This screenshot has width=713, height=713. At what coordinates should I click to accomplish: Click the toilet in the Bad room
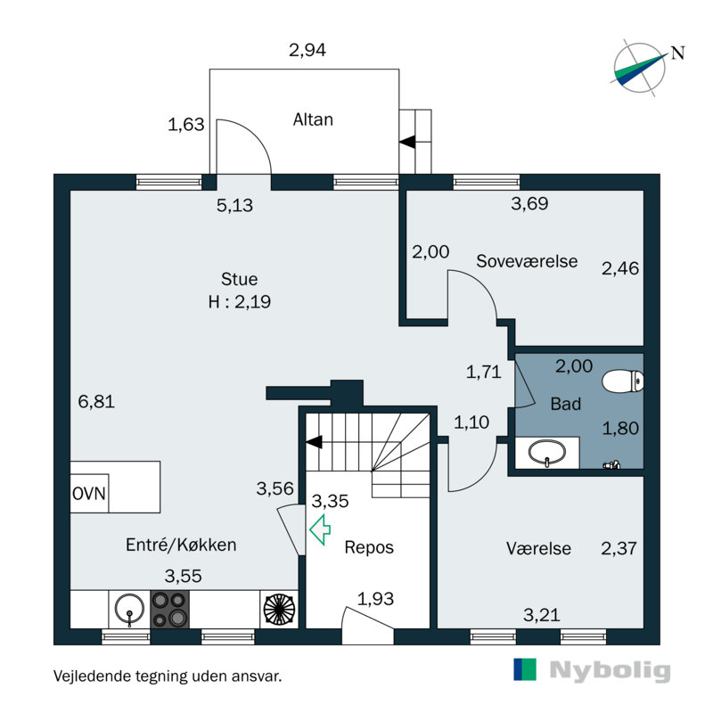pyautogui.click(x=623, y=381)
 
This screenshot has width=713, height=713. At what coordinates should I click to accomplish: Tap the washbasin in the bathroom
pyautogui.click(x=546, y=453)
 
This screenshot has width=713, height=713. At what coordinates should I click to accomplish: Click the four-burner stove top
pyautogui.click(x=169, y=610)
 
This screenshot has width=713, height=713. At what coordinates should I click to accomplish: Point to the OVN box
pyautogui.click(x=89, y=494)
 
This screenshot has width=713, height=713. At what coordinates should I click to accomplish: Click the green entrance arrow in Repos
pyautogui.click(x=320, y=529)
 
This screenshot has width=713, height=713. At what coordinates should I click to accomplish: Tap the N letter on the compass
pyautogui.click(x=677, y=53)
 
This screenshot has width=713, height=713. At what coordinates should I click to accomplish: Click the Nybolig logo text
pyautogui.click(x=610, y=670)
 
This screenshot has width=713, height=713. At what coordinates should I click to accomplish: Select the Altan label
pyautogui.click(x=313, y=119)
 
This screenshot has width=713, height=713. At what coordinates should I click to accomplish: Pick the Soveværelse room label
pyautogui.click(x=527, y=261)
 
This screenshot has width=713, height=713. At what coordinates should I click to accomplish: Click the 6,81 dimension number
pyautogui.click(x=96, y=402)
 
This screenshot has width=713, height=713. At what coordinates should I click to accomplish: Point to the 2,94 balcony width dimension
pyautogui.click(x=307, y=50)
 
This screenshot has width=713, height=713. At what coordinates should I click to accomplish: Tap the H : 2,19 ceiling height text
pyautogui.click(x=240, y=301)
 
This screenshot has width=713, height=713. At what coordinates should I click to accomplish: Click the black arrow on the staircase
pyautogui.click(x=315, y=442)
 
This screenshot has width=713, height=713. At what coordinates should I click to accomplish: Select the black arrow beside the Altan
pyautogui.click(x=407, y=142)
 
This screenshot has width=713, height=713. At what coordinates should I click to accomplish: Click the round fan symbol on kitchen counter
pyautogui.click(x=279, y=610)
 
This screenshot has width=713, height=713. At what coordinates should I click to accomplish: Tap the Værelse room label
pyautogui.click(x=538, y=548)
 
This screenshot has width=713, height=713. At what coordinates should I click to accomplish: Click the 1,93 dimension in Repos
pyautogui.click(x=375, y=599)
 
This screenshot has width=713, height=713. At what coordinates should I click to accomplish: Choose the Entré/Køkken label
pyautogui.click(x=181, y=545)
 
